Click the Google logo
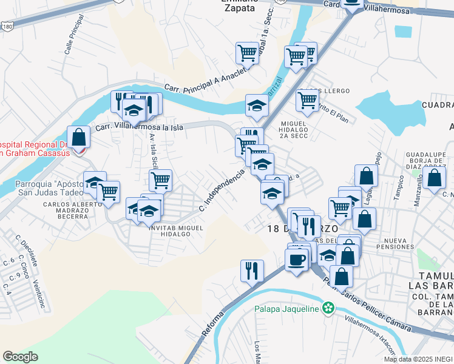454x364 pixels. click(x=20, y=357)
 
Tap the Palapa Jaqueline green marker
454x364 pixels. click(x=329, y=308)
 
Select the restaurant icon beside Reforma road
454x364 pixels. click(x=252, y=269)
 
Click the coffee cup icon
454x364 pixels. click(x=296, y=259)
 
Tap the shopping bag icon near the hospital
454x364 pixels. click(x=78, y=136)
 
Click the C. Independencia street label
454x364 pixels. click(x=222, y=190)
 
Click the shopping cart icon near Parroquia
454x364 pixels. click(x=109, y=191)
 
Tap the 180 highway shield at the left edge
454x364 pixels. click(x=7, y=28)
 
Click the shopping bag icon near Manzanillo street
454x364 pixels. click(x=435, y=178)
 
